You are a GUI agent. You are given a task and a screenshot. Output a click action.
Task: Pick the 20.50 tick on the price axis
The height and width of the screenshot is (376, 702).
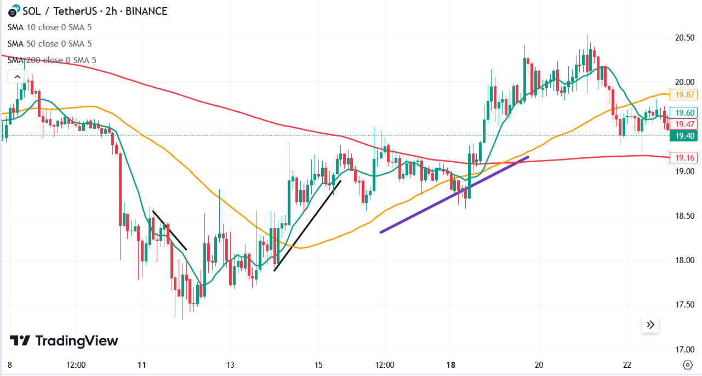[x=684, y=38]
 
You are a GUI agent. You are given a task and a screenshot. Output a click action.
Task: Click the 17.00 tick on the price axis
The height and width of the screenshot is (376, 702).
[x=684, y=349]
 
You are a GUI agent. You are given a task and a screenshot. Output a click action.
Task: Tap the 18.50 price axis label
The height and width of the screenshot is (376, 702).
[x=684, y=216]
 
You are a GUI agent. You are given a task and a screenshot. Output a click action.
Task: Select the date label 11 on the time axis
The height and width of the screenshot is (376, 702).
[x=142, y=365]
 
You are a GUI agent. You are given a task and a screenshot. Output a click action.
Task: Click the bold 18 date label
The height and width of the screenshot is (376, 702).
[x=451, y=365]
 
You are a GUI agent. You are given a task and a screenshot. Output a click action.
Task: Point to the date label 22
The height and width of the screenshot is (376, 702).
[x=627, y=365]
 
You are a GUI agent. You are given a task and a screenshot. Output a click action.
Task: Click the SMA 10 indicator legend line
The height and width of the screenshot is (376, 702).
[x=50, y=27]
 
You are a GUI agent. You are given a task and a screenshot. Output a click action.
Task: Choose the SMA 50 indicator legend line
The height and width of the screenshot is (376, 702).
[x=50, y=44]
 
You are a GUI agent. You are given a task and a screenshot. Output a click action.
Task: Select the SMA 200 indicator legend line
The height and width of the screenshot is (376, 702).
[x=52, y=60]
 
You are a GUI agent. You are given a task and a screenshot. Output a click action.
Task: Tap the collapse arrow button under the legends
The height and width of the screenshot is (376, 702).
[x=17, y=77]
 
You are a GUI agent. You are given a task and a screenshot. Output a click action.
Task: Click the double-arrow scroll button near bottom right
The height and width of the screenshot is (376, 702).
[x=650, y=325]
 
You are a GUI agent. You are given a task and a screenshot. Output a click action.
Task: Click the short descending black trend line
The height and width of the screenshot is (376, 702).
[x=170, y=230]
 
